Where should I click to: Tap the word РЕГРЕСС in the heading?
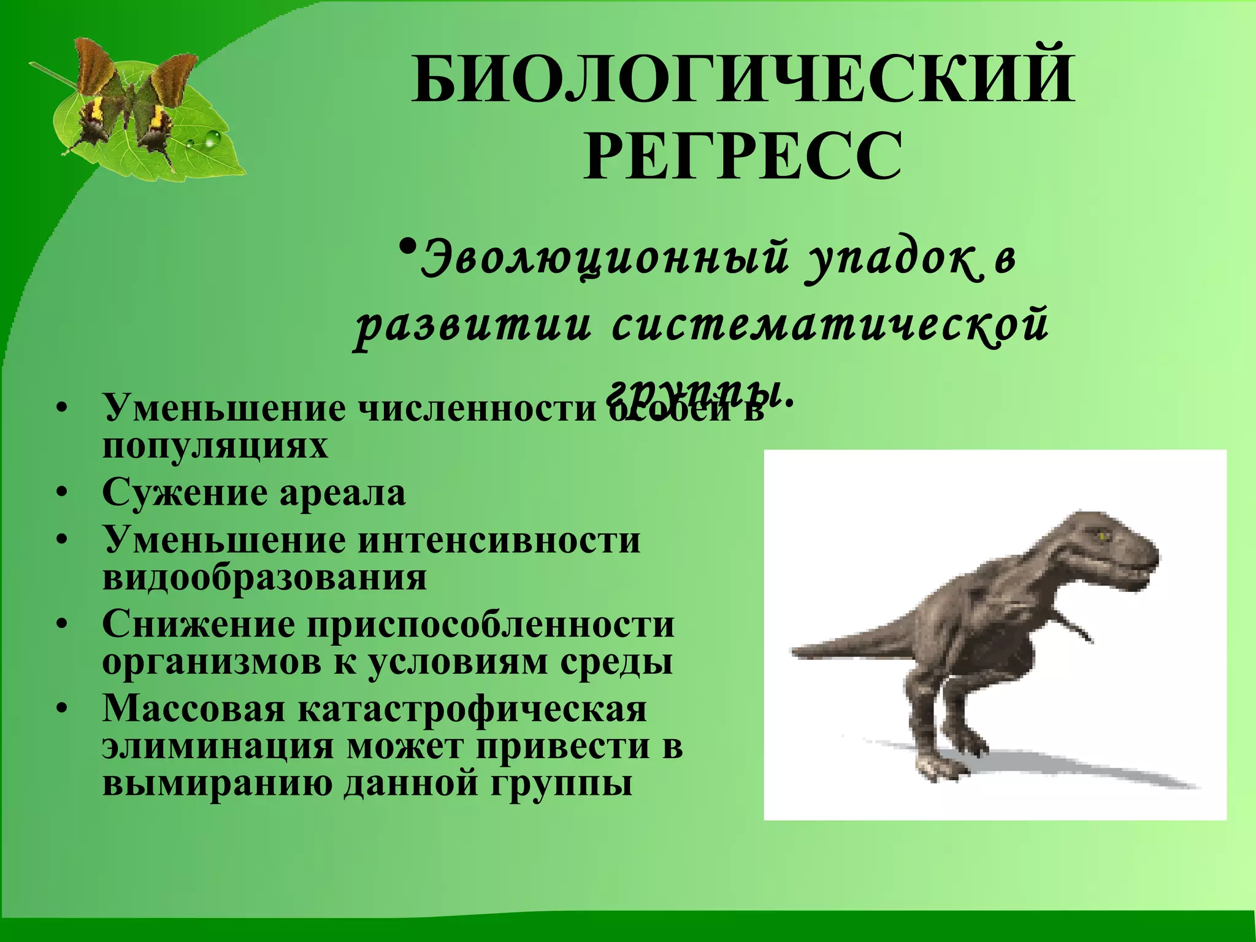tap(743, 156)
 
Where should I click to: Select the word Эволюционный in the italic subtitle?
tap(604, 259)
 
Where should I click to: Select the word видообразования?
tap(264, 577)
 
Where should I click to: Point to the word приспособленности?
tap(491, 624)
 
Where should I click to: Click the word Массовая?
tap(194, 709)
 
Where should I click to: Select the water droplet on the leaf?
tap(212, 140)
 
